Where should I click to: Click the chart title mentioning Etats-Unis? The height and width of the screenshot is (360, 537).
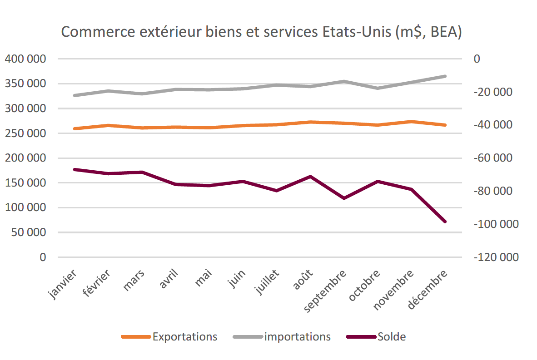[261, 32]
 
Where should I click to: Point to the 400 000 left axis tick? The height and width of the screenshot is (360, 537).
[25, 59]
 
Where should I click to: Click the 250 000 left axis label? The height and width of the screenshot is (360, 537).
[25, 133]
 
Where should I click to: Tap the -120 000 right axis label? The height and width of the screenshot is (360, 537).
[496, 257]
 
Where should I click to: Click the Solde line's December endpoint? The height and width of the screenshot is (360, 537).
[445, 222]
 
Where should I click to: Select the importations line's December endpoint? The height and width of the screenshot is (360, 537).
[445, 76]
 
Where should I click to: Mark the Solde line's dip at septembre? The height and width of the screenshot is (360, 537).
[344, 198]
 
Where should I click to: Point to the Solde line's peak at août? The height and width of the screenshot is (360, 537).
[310, 176]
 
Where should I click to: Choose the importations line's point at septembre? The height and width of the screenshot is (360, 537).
[344, 82]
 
